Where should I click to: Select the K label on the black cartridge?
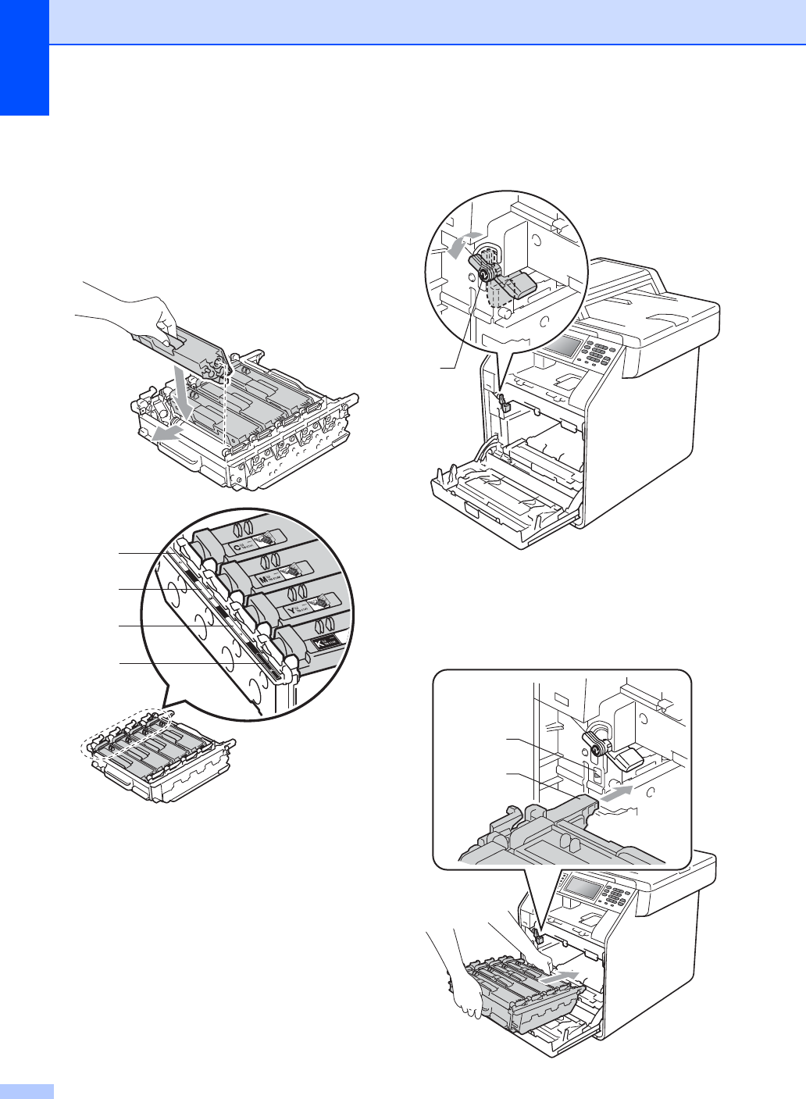(319, 643)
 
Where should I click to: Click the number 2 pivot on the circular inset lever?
(484, 274)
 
